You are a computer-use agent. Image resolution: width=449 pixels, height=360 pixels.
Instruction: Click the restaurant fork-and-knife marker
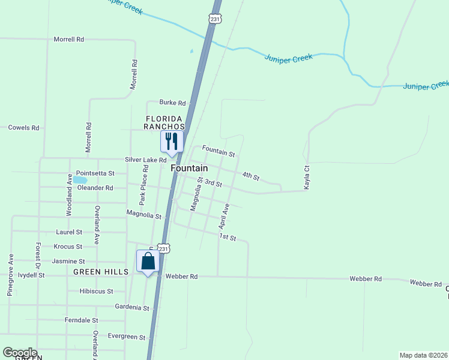(172, 141)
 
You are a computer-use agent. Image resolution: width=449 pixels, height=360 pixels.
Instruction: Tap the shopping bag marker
(148, 262)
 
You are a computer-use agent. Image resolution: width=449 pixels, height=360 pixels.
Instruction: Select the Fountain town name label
(189, 169)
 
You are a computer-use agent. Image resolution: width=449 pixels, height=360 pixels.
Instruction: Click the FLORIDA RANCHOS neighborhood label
(164, 122)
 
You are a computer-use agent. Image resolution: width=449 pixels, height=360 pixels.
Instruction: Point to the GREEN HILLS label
(101, 272)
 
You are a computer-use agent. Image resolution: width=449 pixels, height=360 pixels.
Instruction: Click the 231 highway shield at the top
(216, 19)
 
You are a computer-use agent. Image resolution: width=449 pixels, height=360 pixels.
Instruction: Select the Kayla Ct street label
(306, 178)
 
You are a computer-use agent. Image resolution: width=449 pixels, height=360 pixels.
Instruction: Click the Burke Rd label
(172, 103)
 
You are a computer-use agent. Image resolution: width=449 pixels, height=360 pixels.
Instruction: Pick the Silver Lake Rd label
(145, 160)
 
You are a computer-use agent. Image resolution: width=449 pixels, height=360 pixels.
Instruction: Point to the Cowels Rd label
(23, 128)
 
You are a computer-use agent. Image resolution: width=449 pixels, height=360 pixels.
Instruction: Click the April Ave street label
(224, 216)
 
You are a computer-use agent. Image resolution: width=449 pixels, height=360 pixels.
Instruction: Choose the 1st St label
(228, 238)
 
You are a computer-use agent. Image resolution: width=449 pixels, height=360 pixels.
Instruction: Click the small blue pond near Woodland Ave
(80, 179)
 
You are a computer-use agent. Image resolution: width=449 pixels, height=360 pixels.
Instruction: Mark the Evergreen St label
(127, 337)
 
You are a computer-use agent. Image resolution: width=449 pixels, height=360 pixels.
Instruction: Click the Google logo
(20, 353)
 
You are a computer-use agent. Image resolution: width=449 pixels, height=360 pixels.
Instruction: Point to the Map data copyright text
(424, 355)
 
